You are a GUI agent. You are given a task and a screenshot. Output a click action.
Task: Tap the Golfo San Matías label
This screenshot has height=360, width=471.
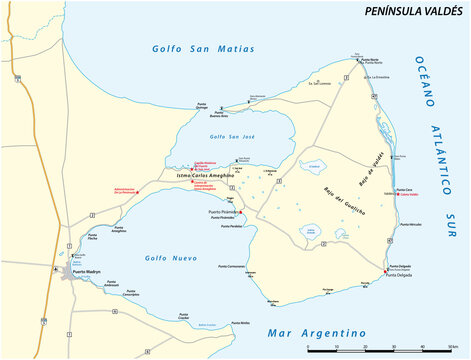[x=204, y=48]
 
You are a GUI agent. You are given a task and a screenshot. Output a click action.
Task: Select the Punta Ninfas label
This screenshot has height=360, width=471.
[x=239, y=323]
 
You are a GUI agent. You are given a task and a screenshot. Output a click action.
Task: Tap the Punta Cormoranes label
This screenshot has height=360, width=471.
[x=232, y=267]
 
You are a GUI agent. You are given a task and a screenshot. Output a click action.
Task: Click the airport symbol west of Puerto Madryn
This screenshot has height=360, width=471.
[x=55, y=268]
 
